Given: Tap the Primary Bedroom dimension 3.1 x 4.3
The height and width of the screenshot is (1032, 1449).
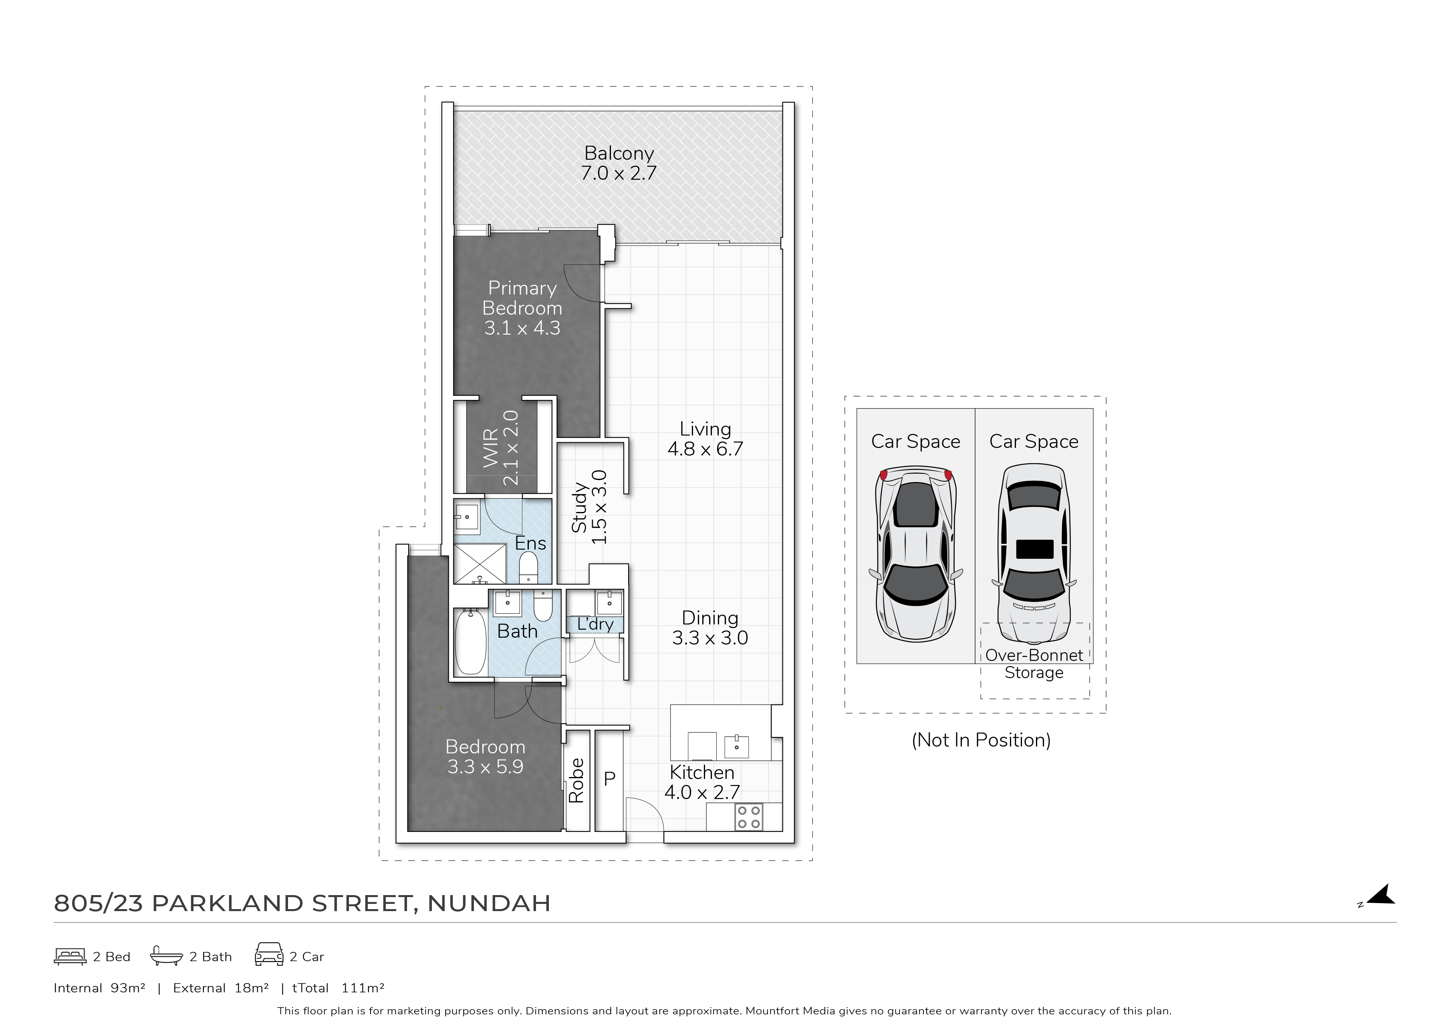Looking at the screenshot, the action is pyautogui.click(x=522, y=328).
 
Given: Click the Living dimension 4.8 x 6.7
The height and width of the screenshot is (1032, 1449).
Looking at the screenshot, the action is pyautogui.click(x=705, y=449).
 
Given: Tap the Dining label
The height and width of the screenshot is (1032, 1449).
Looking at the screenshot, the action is pyautogui.click(x=709, y=618).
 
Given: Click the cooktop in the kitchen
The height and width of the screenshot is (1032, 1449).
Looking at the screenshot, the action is pyautogui.click(x=748, y=817).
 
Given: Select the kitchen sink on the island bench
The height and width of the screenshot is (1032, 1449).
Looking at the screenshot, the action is pyautogui.click(x=736, y=746).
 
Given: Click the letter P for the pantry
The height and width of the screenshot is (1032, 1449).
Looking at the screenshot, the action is pyautogui.click(x=609, y=779).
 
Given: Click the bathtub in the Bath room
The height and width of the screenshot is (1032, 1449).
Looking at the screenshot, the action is pyautogui.click(x=470, y=642).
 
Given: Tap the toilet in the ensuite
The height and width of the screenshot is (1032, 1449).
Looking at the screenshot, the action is pyautogui.click(x=528, y=567).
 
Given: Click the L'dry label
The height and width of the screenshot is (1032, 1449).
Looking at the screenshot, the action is pyautogui.click(x=595, y=624).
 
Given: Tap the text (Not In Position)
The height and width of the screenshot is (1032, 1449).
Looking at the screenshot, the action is pyautogui.click(x=981, y=740).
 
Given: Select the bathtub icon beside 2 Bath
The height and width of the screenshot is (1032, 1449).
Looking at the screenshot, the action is pyautogui.click(x=167, y=956).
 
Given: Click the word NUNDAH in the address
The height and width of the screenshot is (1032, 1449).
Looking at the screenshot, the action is pyautogui.click(x=489, y=903).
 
